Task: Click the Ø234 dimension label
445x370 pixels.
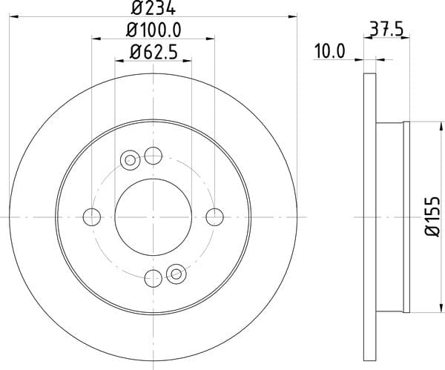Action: [154, 7]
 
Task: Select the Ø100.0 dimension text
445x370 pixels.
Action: [154, 30]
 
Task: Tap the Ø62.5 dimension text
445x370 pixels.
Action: [154, 52]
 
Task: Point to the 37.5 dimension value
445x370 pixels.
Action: [386, 29]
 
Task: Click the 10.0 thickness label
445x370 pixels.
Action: [329, 52]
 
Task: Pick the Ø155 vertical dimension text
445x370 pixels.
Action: [432, 217]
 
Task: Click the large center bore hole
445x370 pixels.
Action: [154, 217]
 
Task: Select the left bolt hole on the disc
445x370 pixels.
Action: [92, 217]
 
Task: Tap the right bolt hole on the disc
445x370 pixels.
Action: [214, 217]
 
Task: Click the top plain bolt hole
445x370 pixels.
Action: [154, 156]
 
